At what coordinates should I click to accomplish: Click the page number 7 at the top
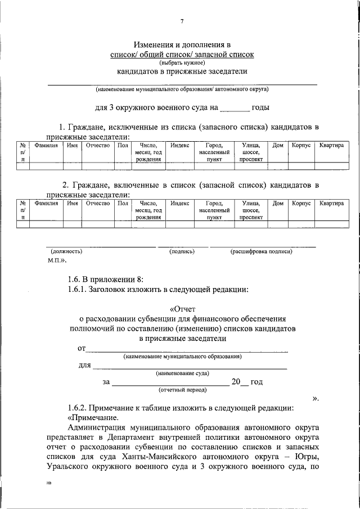point(182,22)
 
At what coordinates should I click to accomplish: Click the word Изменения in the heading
point(154,44)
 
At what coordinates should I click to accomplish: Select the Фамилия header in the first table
point(46,145)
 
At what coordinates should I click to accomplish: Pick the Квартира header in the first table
point(331,145)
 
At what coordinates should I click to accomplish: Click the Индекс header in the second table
point(179,203)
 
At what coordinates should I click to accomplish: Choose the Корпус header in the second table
point(301,203)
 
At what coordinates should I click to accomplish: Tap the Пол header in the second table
point(123,203)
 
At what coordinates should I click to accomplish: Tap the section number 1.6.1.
point(79,290)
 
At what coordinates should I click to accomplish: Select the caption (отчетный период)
point(182,390)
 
